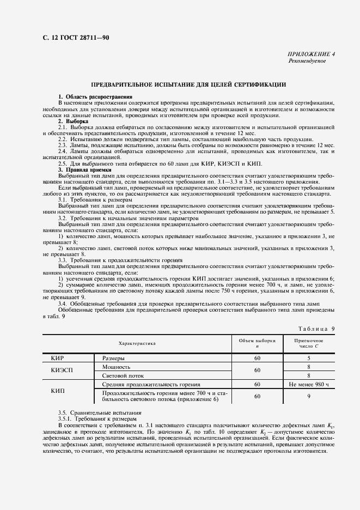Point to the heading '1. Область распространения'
pos(95,96)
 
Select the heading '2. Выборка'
pos(74,122)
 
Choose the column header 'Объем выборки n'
pos(257,343)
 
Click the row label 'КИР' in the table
pos(58,359)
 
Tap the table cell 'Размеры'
pos(114,359)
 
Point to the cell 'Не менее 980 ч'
pos(309,385)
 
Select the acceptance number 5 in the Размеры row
pos(309,359)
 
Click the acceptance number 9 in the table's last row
pos(309,397)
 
